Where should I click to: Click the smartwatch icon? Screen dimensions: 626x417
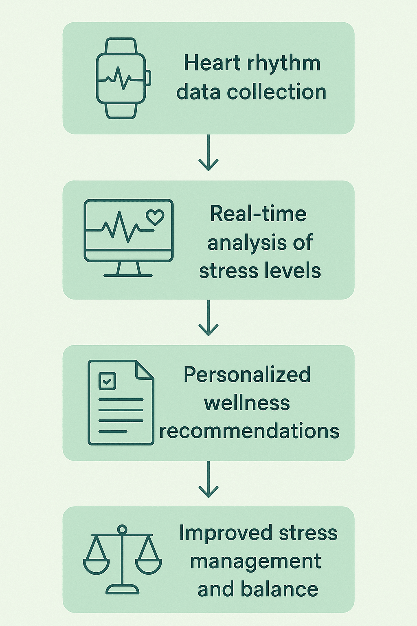121,78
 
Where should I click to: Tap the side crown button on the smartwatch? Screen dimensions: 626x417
148,78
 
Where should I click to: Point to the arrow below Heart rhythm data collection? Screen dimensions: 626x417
208,153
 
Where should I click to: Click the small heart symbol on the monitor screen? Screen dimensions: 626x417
155,217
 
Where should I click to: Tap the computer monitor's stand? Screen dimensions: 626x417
128,269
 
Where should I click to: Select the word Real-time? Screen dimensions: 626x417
258,214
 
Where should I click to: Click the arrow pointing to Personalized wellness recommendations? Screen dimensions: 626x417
208,318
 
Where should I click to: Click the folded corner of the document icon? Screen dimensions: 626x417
145,370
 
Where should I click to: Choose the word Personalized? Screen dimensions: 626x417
247,375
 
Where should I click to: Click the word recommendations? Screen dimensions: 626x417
249,431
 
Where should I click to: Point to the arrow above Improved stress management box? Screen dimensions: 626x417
208,480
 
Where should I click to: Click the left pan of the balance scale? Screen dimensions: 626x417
97,566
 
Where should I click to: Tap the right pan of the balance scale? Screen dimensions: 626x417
148,566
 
